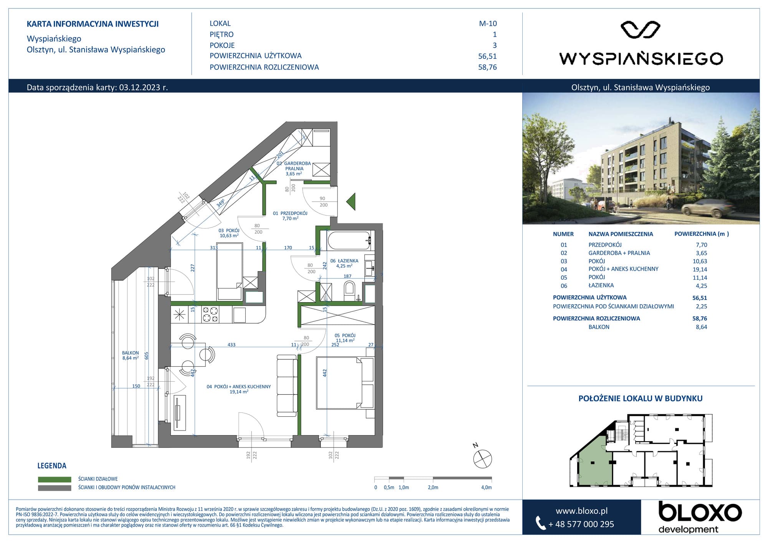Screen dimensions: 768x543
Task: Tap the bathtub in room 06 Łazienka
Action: click(349, 240)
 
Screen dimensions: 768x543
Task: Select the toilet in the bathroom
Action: click(349, 291)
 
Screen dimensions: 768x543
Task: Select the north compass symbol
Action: click(482, 459)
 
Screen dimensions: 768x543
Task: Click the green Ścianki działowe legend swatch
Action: click(55, 479)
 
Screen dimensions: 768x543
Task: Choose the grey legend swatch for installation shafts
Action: click(55, 488)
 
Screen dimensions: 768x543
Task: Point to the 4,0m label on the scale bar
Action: click(486, 487)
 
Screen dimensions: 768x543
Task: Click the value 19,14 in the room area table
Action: click(700, 270)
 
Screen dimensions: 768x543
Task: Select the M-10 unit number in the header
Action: click(488, 23)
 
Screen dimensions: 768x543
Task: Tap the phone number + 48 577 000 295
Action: click(581, 524)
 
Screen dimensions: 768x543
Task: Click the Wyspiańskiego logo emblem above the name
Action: click(641, 30)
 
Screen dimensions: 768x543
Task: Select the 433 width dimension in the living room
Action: click(231, 344)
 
